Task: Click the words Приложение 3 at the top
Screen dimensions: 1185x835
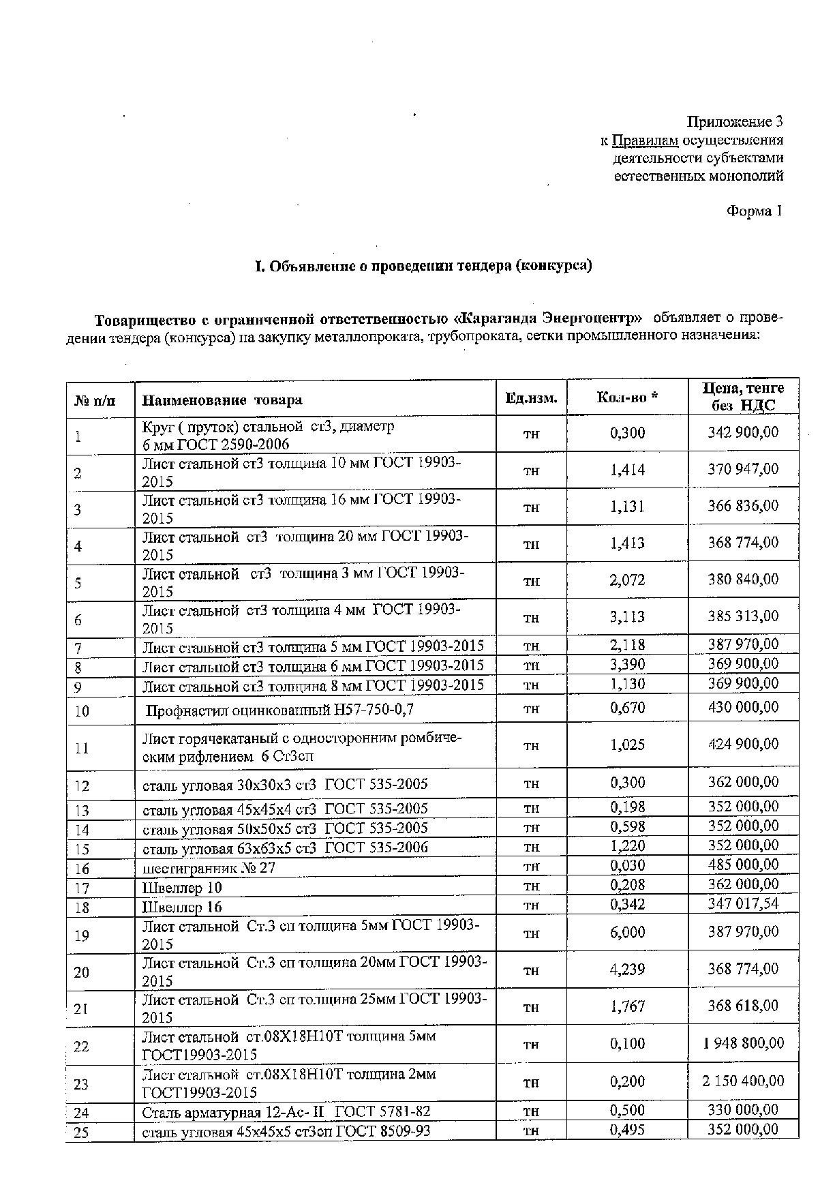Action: [x=735, y=122]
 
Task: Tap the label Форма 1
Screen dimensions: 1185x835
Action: [x=754, y=211]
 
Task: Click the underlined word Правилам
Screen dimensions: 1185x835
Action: [x=645, y=140]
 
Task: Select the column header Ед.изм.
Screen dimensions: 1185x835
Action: [x=531, y=398]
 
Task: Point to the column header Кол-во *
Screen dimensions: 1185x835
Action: [x=627, y=397]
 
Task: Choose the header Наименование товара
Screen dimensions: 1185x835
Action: [x=222, y=400]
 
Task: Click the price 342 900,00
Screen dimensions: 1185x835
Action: [x=743, y=432]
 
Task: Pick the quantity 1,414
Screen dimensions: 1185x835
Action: [x=627, y=470]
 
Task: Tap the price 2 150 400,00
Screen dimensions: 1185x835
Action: [x=742, y=1081]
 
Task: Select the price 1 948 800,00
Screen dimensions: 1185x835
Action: [x=743, y=1043]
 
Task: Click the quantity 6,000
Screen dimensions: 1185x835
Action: [x=627, y=932]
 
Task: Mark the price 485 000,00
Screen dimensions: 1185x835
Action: [x=743, y=865]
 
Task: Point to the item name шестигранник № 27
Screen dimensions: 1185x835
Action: [x=209, y=868]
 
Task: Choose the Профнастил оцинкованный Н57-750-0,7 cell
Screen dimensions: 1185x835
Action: [x=280, y=710]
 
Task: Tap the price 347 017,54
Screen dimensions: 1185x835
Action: [x=743, y=904]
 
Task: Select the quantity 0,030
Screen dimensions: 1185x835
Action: [x=627, y=865]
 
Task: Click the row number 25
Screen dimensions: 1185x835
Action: [x=82, y=1132]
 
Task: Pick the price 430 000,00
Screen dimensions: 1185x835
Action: [x=743, y=706]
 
